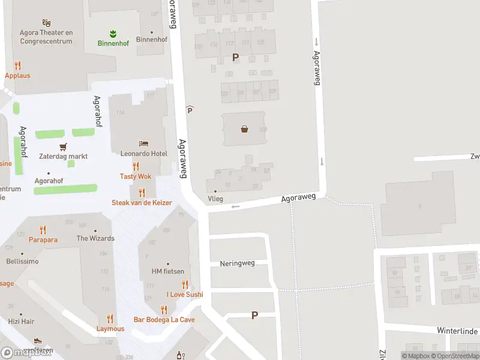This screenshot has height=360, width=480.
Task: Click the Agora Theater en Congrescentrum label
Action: coord(46,37)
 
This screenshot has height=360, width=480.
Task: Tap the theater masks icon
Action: coord(46,23)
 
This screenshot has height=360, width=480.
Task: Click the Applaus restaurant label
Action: coord(17,76)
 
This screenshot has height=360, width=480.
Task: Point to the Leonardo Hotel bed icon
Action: coord(143,143)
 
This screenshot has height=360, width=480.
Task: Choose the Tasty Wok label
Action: coord(136,176)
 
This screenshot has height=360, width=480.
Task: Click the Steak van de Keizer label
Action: coord(142,203)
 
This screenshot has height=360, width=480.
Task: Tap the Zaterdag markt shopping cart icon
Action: coord(63,146)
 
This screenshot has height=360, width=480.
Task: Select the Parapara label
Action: coord(43,239)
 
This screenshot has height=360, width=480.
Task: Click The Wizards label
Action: coord(95,238)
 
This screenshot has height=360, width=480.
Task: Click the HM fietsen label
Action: coord(167,272)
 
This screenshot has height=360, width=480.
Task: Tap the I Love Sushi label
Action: coord(185,294)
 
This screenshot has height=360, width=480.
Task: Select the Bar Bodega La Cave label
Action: coord(164,320)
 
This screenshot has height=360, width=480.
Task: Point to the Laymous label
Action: coord(110,329)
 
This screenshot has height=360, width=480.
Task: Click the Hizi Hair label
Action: coord(22,322)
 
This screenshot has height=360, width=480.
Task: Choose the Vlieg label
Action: coord(215,199)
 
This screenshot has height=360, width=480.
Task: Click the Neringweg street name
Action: coord(237,263)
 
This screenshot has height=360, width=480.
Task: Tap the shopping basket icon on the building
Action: coord(245,128)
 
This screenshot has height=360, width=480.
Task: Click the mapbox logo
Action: coord(27,352)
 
